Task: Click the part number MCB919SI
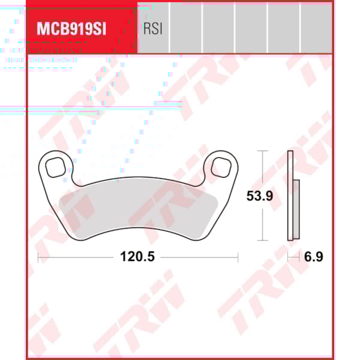pyautogui.click(x=71, y=29)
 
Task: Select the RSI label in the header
pyautogui.click(x=153, y=29)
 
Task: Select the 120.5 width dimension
pyautogui.click(x=137, y=257)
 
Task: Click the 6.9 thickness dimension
pyautogui.click(x=313, y=257)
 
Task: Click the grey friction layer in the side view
pyautogui.click(x=296, y=208)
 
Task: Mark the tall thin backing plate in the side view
pyautogui.click(x=291, y=195)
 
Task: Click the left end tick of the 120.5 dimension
pyautogui.click(x=38, y=257)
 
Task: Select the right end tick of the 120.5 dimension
pyautogui.click(x=238, y=257)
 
